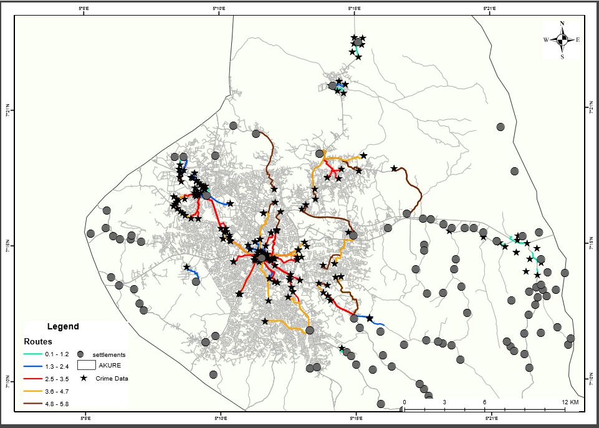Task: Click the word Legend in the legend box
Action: (63, 326)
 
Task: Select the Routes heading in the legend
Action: (38, 342)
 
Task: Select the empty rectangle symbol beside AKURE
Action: (87, 365)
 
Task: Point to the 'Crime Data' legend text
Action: (112, 378)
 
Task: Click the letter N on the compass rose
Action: (562, 24)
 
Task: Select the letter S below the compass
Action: (562, 56)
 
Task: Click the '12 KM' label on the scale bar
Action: (570, 402)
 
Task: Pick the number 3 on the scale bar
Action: (444, 402)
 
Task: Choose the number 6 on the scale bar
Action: (484, 402)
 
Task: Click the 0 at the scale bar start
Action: (405, 402)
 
